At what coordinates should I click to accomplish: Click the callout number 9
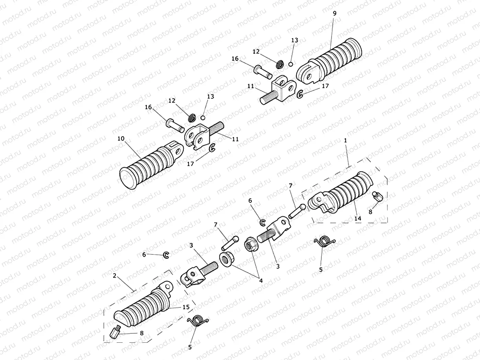point(334,13)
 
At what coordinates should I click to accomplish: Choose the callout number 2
point(115,276)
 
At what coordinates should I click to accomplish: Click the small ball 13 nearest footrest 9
point(291,64)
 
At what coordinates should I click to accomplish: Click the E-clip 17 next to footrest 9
point(300,94)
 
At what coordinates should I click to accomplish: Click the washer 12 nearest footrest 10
point(193,118)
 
